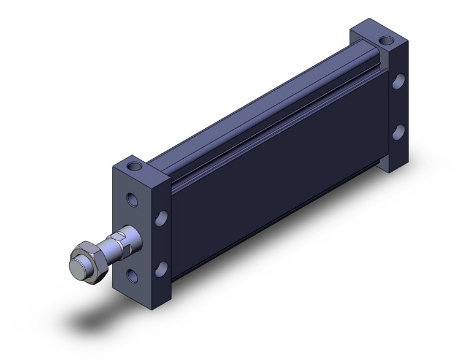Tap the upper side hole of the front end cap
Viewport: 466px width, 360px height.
(162, 218)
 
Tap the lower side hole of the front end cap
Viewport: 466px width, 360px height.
(162, 267)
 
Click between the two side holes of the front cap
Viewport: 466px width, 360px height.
(162, 243)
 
